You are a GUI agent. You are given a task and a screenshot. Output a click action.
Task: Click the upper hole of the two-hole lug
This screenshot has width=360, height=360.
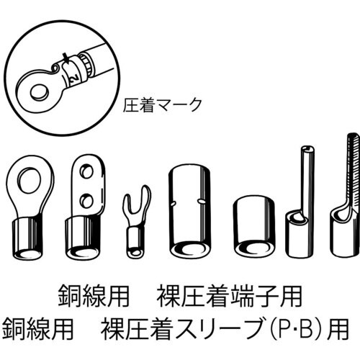click(x=86, y=172)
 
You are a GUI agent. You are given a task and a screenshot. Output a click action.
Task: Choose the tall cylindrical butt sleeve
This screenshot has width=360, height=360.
click(x=189, y=212)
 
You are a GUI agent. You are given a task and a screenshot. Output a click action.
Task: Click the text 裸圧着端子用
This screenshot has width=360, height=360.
click(x=234, y=296)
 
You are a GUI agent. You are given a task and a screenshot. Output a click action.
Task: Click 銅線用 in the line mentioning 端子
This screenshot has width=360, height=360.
click(x=89, y=296)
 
